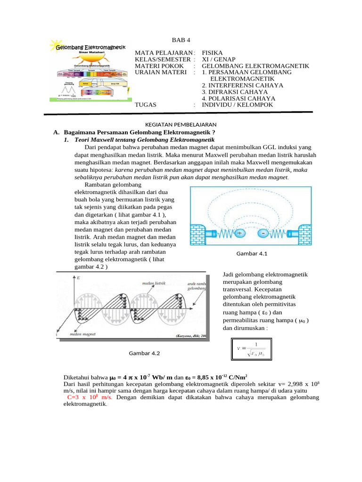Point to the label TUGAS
point(146,104)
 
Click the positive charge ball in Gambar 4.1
point(239,233)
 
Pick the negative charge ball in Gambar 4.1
point(263,233)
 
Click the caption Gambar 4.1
point(252,254)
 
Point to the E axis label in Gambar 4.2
point(78,278)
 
